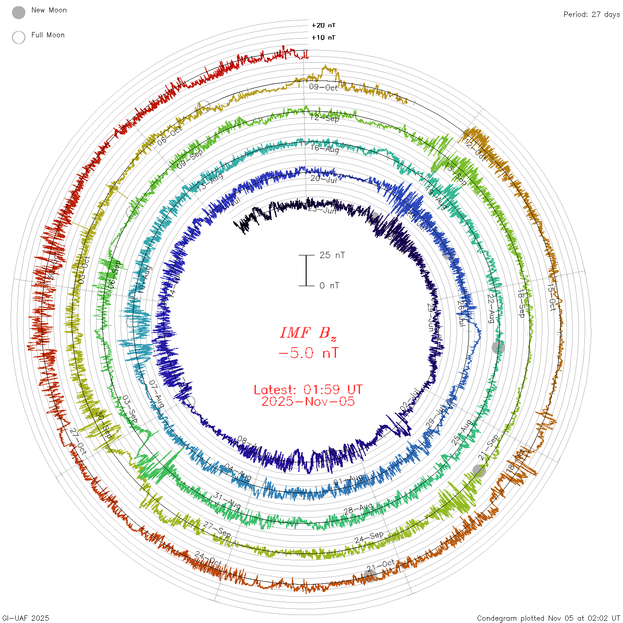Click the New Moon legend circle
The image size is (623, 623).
point(19,12)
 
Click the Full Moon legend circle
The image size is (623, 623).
point(19,37)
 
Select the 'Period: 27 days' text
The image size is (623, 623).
point(591,15)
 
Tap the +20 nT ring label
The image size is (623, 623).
point(324,25)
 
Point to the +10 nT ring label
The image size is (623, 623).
point(324,37)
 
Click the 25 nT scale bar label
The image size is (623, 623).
point(332,255)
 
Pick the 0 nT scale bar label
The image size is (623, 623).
point(329,286)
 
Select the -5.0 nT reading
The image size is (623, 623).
point(308,353)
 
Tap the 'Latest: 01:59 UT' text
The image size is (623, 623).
point(308,390)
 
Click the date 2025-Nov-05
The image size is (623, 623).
point(308,401)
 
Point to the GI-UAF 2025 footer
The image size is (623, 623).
point(26,618)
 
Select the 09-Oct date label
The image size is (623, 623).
point(324,87)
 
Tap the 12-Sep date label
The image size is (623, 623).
point(325,118)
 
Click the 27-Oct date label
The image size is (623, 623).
point(78,441)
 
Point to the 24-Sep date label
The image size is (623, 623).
point(369,538)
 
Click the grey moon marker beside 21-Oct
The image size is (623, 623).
point(370,575)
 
